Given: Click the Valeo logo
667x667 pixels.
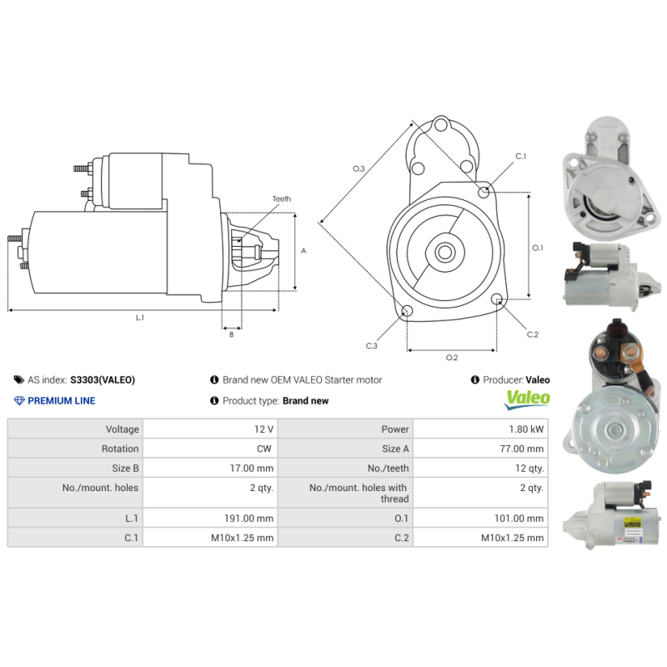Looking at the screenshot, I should (528, 399).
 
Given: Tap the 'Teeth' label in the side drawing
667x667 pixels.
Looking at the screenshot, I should (281, 198).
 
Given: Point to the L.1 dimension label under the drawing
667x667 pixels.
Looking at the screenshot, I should (140, 318).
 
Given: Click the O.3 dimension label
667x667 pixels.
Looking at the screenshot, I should (359, 168).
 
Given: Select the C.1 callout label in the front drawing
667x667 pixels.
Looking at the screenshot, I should (520, 157).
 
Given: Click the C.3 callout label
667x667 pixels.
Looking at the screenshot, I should (371, 345).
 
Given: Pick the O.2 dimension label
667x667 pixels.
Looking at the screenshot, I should (452, 358).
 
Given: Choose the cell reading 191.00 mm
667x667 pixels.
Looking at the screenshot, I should (249, 518).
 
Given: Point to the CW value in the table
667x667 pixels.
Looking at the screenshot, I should (267, 449).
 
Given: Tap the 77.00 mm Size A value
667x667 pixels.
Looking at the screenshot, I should (523, 449).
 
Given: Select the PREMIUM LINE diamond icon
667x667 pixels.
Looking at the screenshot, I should (19, 401).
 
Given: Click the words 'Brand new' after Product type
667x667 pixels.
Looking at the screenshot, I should (305, 401).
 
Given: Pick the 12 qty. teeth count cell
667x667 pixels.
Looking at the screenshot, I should (529, 469).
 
